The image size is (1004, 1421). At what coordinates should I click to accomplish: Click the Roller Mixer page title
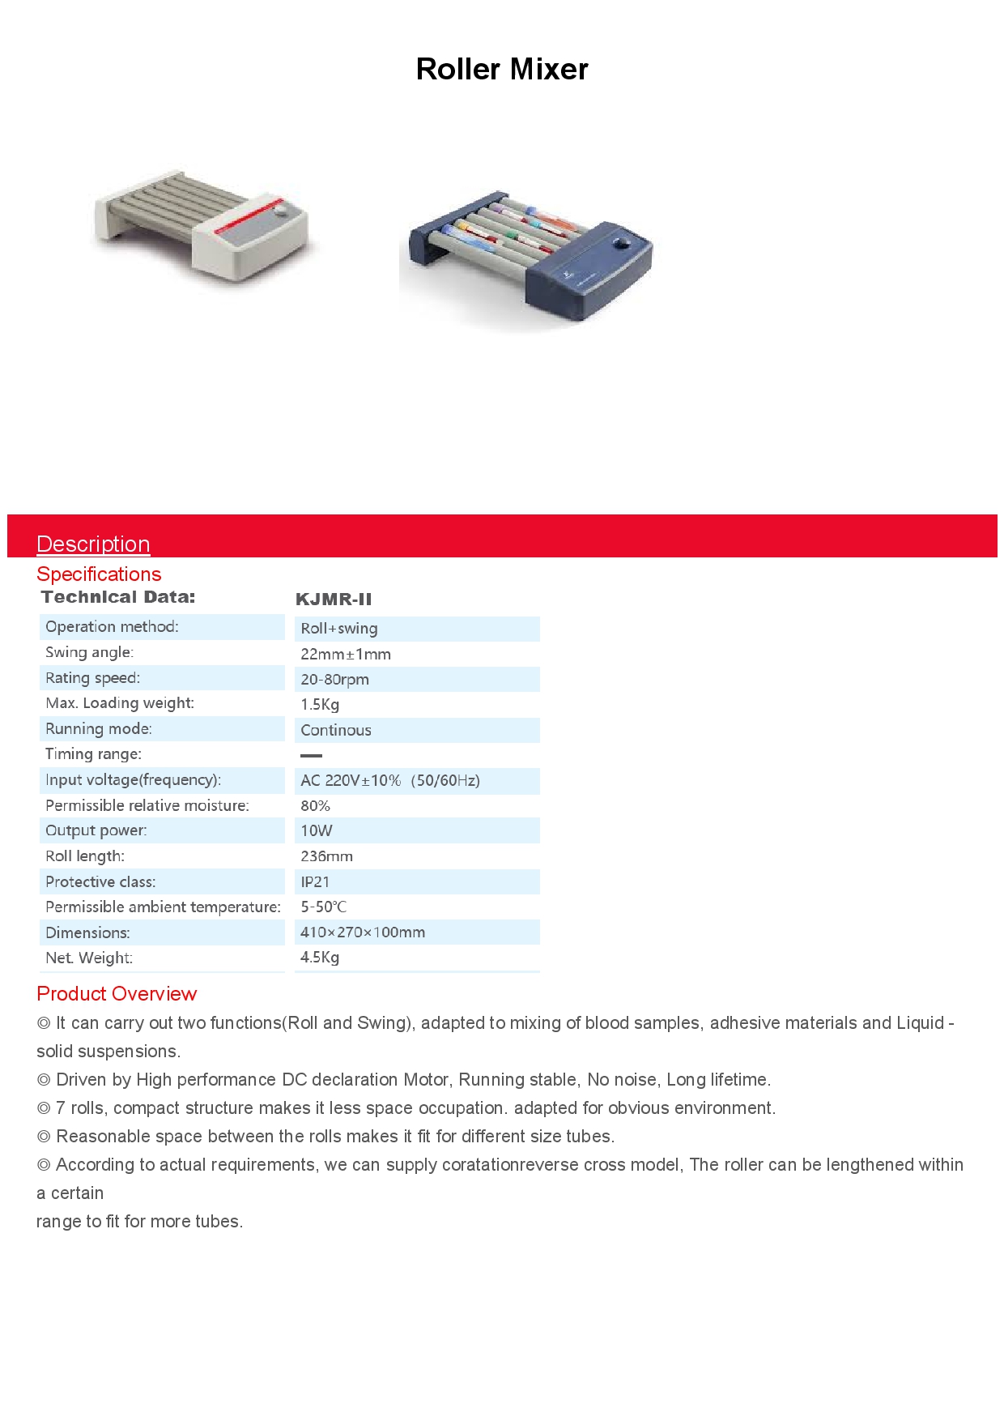pyautogui.click(x=501, y=70)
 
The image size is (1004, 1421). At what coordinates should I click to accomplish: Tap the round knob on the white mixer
pyautogui.click(x=282, y=211)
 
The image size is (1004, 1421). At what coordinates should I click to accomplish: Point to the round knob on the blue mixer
pyautogui.click(x=622, y=243)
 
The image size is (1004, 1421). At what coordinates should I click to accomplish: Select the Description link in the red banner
pyautogui.click(x=93, y=544)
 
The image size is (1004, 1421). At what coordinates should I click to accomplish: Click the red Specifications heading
pyautogui.click(x=99, y=574)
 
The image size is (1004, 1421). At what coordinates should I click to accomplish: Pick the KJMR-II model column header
pyautogui.click(x=334, y=600)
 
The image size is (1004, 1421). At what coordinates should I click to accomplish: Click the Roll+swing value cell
pyautogui.click(x=339, y=629)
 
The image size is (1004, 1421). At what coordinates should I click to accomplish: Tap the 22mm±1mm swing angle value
pyautogui.click(x=346, y=655)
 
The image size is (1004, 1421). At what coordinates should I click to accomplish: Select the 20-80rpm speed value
pyautogui.click(x=334, y=680)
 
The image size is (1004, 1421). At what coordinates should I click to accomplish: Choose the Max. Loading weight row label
pyautogui.click(x=120, y=703)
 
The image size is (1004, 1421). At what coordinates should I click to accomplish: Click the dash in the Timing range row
pyautogui.click(x=311, y=755)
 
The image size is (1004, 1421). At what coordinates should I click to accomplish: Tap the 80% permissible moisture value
pyautogui.click(x=315, y=806)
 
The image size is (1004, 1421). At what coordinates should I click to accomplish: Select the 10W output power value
pyautogui.click(x=317, y=831)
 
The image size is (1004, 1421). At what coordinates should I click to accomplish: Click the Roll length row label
pyautogui.click(x=85, y=856)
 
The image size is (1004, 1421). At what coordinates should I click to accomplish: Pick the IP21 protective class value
pyautogui.click(x=315, y=882)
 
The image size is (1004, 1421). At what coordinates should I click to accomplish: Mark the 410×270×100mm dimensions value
pyautogui.click(x=363, y=932)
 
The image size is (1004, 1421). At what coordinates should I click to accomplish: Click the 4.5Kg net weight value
pyautogui.click(x=320, y=958)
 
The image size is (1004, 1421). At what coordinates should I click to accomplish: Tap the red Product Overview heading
pyautogui.click(x=117, y=994)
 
